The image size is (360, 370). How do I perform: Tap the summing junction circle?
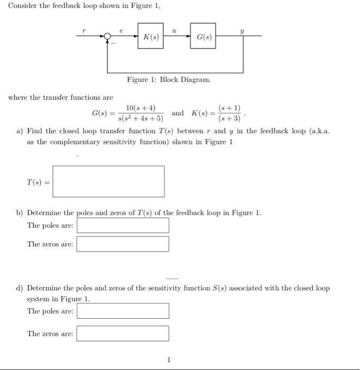[108, 36]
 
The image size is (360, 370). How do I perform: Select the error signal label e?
[122, 30]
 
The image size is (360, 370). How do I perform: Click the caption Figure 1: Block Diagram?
[168, 79]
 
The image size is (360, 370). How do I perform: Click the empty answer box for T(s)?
[109, 181]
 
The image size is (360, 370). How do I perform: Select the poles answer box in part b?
[123, 226]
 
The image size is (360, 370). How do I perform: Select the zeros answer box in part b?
[123, 244]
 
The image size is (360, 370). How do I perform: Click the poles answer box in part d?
[123, 311]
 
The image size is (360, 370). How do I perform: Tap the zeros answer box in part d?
[123, 334]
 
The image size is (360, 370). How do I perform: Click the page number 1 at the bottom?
[169, 360]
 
